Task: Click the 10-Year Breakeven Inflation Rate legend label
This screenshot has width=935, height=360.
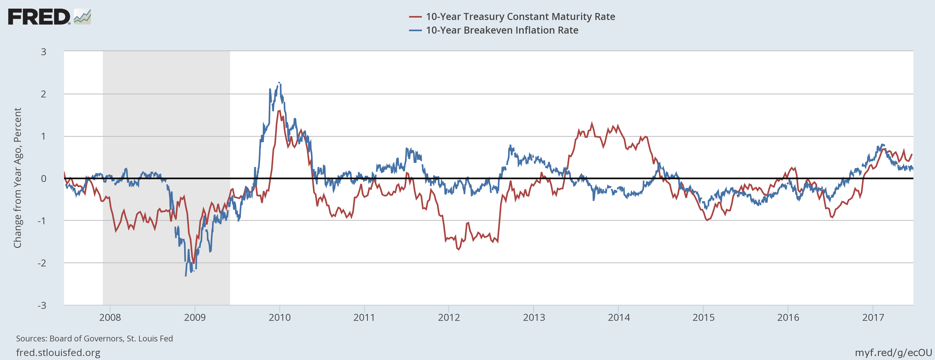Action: [502, 30]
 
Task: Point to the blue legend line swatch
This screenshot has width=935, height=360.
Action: [415, 30]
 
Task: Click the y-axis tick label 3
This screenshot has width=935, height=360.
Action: [44, 52]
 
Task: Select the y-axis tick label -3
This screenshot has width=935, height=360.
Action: [42, 305]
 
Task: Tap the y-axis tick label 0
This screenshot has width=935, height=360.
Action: [44, 179]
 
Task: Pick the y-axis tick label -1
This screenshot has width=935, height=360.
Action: [42, 221]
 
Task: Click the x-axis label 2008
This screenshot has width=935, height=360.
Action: [110, 318]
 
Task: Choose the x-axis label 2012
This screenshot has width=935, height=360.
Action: [449, 318]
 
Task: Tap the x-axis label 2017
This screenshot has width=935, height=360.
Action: [873, 318]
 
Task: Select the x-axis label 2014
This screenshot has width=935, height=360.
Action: [619, 318]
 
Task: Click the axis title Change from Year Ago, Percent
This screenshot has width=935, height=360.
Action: [17, 178]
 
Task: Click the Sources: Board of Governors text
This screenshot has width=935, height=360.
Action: [94, 339]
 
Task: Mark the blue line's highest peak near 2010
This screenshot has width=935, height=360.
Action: [279, 83]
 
